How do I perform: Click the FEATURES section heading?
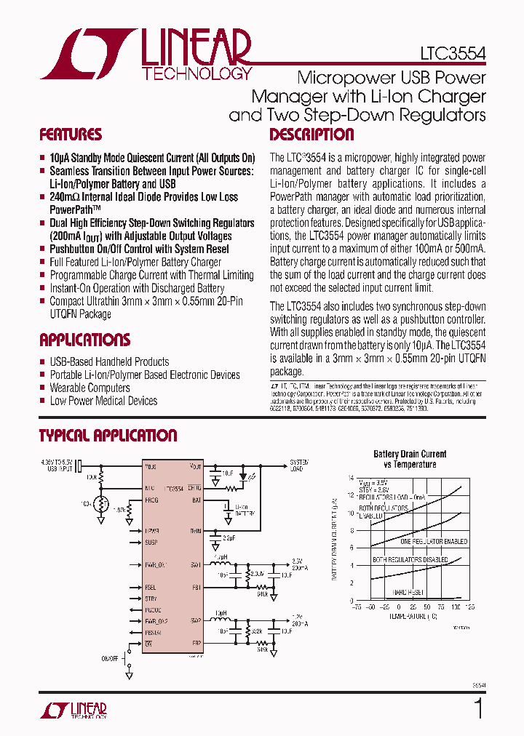point(71,135)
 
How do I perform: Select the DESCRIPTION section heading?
point(311,135)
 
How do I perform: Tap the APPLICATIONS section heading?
point(85,340)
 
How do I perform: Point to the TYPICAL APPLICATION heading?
point(108,436)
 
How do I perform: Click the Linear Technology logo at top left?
point(146,54)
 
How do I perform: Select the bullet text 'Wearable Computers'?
point(90,388)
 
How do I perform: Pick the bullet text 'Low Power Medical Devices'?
point(103,401)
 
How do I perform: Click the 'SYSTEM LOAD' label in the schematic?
point(299,465)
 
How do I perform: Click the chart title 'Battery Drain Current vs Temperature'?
point(410,459)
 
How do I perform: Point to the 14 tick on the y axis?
point(350,478)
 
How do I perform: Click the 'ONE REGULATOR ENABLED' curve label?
point(434,542)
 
